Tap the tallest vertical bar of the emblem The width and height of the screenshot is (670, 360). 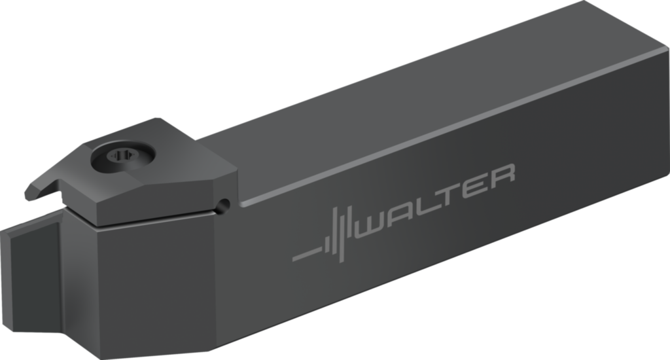(x=342, y=236)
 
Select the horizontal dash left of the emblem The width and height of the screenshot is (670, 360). (x=308, y=253)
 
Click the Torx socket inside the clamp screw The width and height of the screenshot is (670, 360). (x=122, y=156)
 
